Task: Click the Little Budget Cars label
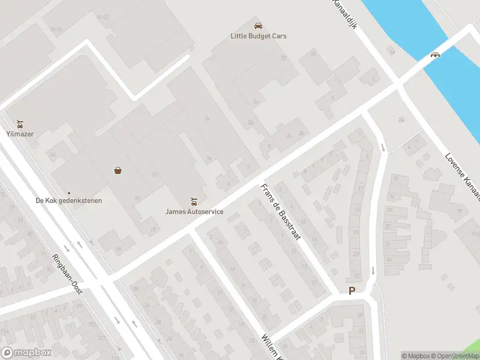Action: (x=259, y=36)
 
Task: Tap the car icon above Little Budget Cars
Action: (x=258, y=26)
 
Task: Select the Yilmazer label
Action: (x=20, y=134)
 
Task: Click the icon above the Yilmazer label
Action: (x=20, y=124)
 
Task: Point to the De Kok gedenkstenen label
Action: (x=68, y=200)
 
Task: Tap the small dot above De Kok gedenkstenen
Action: (x=68, y=193)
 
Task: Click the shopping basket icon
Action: (x=118, y=170)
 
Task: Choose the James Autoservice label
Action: (x=194, y=211)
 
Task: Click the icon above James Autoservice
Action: (x=194, y=200)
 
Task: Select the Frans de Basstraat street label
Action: (x=280, y=212)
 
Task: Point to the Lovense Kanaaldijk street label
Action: (x=463, y=175)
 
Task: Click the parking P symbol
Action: (x=352, y=291)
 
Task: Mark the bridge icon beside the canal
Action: (x=435, y=55)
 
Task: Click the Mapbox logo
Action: (x=26, y=353)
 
